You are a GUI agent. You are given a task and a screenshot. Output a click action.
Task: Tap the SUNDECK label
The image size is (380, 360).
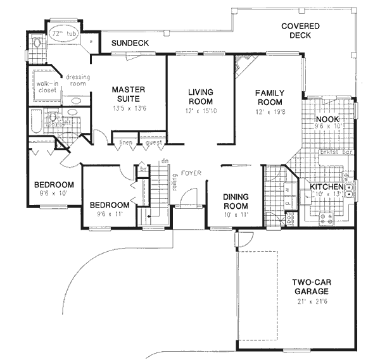click(x=130, y=43)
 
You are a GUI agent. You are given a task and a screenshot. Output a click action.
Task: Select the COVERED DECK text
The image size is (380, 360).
click(x=301, y=31)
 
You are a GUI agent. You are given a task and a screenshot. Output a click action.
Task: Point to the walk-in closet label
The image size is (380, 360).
click(x=46, y=87)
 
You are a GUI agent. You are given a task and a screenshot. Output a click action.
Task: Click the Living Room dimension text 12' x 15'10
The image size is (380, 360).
click(x=200, y=111)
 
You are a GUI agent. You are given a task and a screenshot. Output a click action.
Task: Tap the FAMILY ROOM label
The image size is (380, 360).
click(x=269, y=97)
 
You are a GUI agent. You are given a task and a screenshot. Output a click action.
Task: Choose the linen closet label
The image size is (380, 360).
click(x=125, y=144)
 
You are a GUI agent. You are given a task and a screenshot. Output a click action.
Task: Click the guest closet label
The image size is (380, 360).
click(x=152, y=144)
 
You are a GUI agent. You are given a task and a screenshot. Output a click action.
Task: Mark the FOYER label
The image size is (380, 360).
click(x=191, y=172)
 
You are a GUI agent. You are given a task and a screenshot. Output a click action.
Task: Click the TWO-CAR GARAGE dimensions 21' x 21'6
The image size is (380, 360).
click(x=310, y=301)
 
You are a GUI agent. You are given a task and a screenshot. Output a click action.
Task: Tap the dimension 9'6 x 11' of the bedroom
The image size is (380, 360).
click(x=109, y=214)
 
